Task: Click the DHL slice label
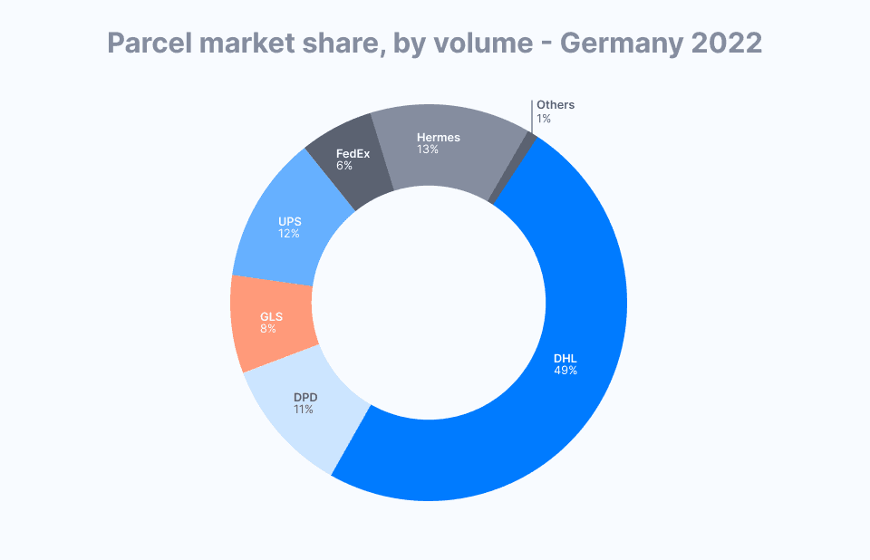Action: click(565, 358)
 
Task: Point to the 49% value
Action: click(565, 371)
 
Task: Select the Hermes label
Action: click(439, 138)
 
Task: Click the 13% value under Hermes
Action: click(428, 150)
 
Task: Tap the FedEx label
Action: click(353, 154)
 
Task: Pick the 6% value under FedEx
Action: click(344, 166)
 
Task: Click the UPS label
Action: click(290, 220)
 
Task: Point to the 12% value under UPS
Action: click(289, 233)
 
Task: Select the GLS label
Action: click(271, 316)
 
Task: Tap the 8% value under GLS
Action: click(268, 328)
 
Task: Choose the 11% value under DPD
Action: click(303, 410)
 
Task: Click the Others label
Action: click(556, 105)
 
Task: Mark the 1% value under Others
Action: click(544, 119)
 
